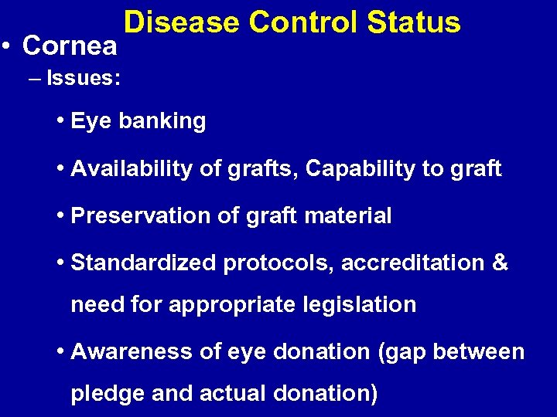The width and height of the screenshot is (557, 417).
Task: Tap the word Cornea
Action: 70,46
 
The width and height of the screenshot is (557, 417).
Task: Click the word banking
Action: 162,122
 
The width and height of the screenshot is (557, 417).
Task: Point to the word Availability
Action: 130,168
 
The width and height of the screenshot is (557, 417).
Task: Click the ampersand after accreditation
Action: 500,263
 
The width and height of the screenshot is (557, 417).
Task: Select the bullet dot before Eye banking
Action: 60,121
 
